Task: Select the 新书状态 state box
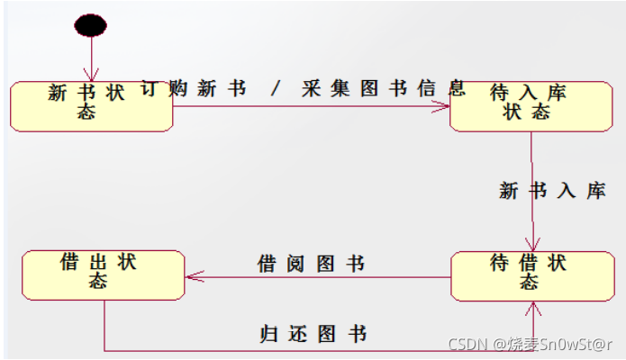92,106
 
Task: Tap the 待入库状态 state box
531,106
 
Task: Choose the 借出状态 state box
103,274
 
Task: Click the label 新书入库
552,191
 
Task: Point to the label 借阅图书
311,264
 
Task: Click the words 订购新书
195,88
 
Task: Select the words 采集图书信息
385,88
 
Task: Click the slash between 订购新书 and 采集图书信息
276,88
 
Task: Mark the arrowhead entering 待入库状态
442,107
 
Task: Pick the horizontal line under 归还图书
315,350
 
